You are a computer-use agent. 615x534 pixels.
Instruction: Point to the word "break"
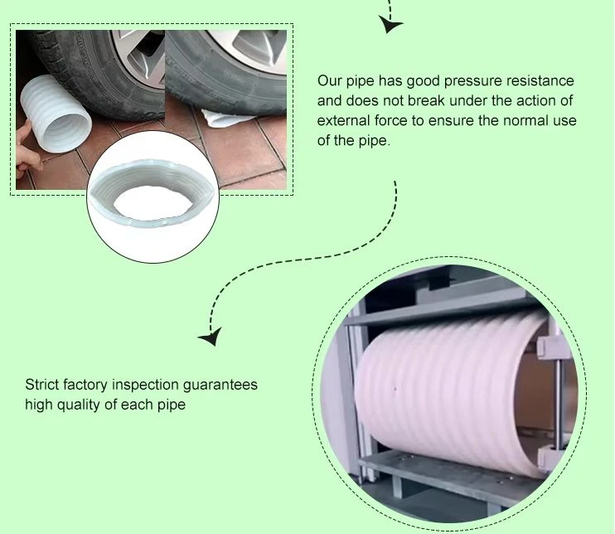(x=425, y=100)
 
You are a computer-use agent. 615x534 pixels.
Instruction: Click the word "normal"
(x=525, y=120)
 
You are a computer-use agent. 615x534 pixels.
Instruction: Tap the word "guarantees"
(x=220, y=386)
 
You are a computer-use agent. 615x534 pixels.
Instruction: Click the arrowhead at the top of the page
(x=390, y=24)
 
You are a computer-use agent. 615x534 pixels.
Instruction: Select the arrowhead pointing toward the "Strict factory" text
(x=211, y=337)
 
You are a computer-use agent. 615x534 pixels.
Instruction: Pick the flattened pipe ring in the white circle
(x=153, y=193)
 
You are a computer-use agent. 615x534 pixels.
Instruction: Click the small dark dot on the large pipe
(x=395, y=389)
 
